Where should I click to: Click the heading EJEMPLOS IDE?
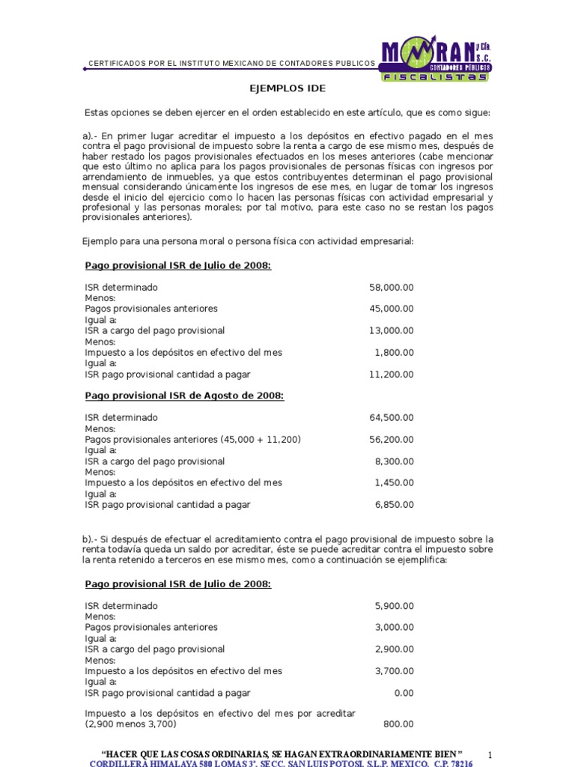pos(287,88)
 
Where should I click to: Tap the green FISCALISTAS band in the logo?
pos(435,76)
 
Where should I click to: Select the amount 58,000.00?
pos(391,288)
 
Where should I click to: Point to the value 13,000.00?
pos(391,331)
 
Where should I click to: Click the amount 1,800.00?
pos(394,353)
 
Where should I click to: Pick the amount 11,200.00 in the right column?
pos(391,375)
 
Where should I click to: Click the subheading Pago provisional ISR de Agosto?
pos(184,396)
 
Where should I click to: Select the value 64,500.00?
pos(391,418)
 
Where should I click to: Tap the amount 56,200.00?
pos(391,440)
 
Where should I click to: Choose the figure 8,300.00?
pos(394,461)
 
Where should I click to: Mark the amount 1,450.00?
pos(394,483)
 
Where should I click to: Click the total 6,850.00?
pos(394,505)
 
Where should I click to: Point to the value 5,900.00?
pos(394,605)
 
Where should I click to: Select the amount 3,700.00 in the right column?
pos(394,671)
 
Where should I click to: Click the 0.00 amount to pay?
pos(404,693)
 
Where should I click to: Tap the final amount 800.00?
pos(399,724)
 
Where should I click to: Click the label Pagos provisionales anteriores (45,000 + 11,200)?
pos(192,440)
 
